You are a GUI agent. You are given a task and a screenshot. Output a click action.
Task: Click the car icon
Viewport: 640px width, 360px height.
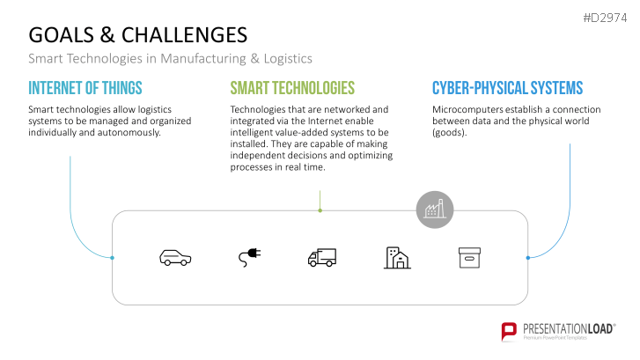click(x=174, y=257)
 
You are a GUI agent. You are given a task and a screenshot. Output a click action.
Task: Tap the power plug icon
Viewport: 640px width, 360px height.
click(x=249, y=257)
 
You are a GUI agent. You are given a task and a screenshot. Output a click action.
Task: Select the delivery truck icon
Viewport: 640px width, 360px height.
click(x=322, y=257)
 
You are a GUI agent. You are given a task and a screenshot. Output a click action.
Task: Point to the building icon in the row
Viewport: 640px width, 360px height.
click(x=397, y=257)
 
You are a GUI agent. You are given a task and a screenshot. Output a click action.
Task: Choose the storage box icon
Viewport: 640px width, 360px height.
click(x=470, y=257)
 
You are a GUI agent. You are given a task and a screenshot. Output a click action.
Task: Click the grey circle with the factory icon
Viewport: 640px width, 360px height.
click(x=434, y=209)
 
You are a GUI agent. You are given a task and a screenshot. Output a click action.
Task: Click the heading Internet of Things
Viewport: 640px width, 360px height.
click(x=85, y=88)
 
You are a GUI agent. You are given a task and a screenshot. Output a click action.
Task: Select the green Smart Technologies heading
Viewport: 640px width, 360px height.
click(x=292, y=88)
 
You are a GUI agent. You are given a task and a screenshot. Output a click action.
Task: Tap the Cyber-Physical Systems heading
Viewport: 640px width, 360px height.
click(x=507, y=88)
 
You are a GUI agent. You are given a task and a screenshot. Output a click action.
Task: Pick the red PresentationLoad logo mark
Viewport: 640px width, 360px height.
click(x=509, y=331)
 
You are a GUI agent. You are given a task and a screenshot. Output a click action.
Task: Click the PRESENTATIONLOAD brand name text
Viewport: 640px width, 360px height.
click(x=570, y=327)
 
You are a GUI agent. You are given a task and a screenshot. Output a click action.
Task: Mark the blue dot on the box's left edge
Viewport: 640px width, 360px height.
click(x=113, y=258)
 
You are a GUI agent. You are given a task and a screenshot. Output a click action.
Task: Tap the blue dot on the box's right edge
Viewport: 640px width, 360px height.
click(x=527, y=258)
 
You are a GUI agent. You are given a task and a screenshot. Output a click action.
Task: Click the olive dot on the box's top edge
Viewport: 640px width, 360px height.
click(x=320, y=210)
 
